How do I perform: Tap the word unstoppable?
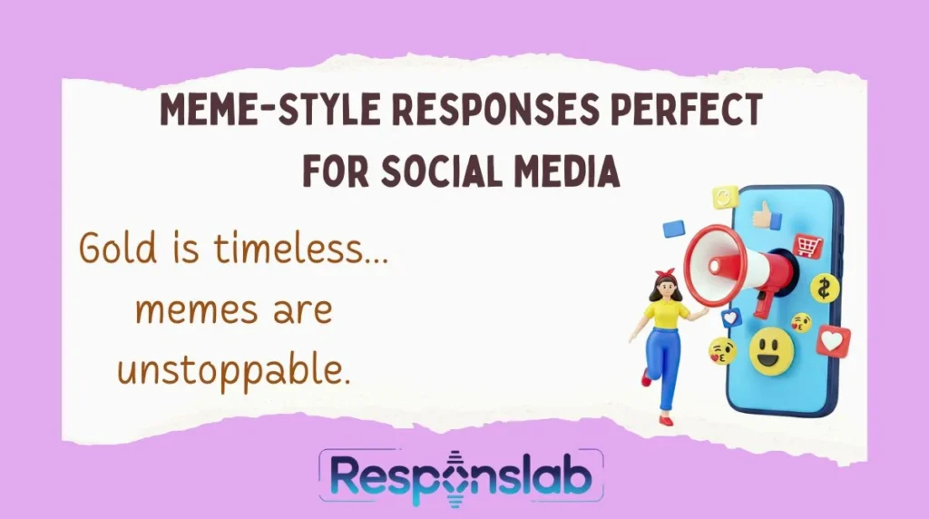(234, 370)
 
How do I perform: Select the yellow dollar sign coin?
(825, 288)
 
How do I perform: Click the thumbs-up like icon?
(769, 215)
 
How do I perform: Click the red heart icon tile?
(833, 340)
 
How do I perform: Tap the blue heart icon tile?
(731, 318)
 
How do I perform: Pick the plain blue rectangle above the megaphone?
(673, 230)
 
